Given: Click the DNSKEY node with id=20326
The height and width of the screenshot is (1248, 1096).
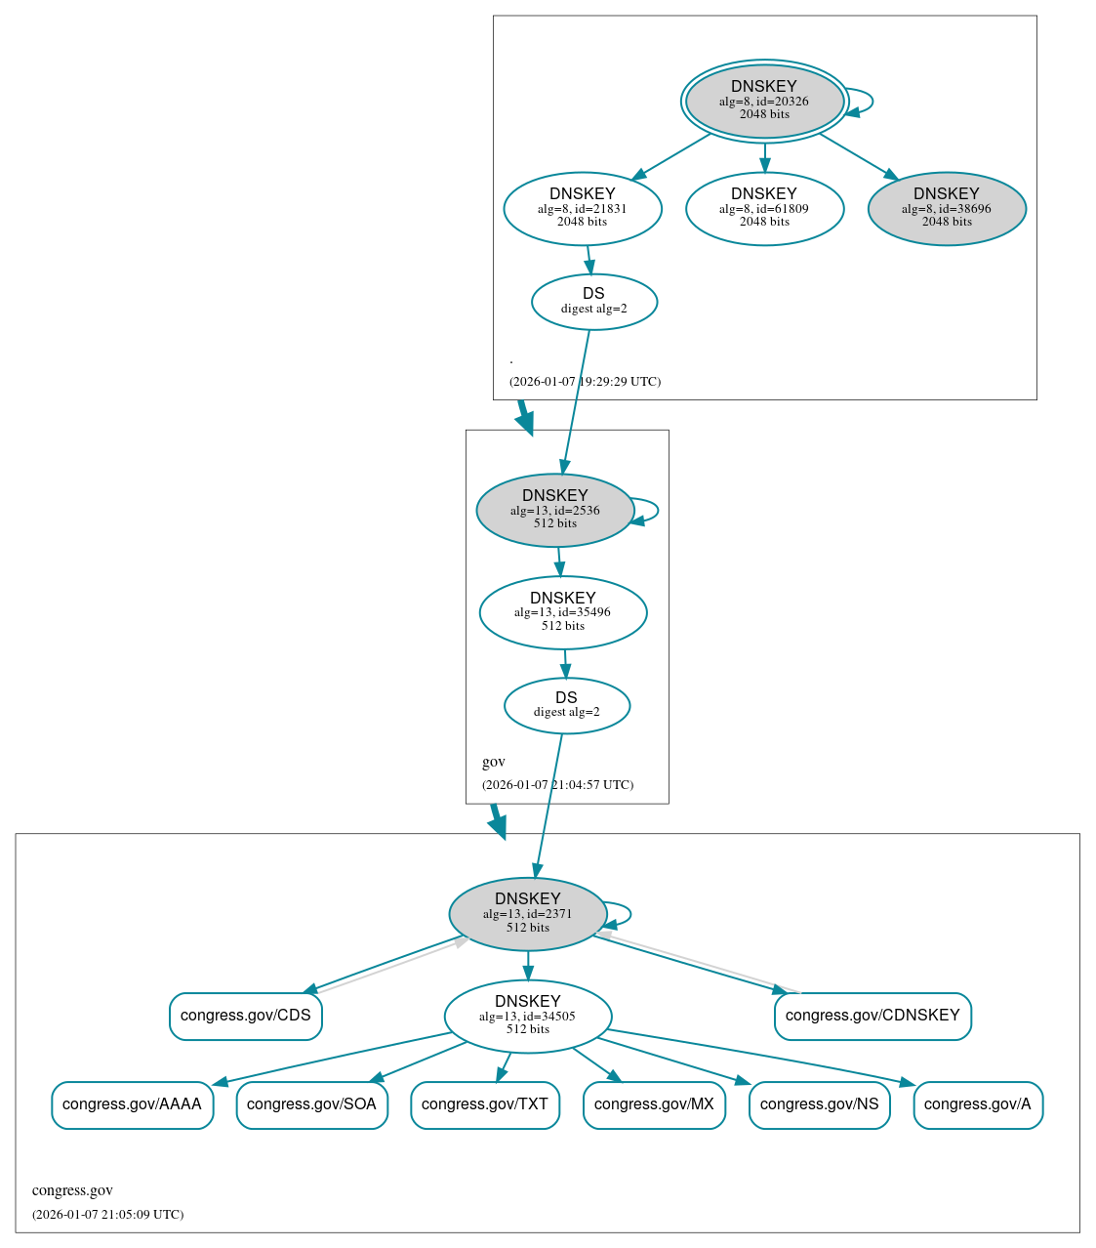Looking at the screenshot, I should pos(764,101).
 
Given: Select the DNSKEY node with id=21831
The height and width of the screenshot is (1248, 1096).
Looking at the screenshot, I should pos(583,208).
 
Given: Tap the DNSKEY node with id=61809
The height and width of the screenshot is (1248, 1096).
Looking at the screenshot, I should pos(764,208).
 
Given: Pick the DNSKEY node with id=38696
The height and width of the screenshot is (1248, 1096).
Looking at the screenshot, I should pos(947,208).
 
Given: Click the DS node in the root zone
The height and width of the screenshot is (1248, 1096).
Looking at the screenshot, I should pos(594,302).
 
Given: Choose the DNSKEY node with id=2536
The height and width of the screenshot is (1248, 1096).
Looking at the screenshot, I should pos(555,510).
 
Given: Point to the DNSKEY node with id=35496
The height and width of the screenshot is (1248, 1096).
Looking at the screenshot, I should pos(563,612).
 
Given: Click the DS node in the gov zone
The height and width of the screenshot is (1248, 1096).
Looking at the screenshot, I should pos(567,705).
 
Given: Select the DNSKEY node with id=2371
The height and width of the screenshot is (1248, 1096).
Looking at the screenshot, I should pos(528,914).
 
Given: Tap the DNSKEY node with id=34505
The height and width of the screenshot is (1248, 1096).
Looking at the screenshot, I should pos(528,1017).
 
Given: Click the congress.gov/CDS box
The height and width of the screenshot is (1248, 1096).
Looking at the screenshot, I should pos(246,1017).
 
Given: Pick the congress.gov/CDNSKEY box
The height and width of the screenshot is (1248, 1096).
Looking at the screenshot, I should pos(873,1017).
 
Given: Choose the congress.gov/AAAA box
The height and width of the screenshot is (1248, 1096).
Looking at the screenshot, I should pos(132,1105).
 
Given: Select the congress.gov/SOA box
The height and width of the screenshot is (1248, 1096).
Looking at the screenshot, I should pos(312,1105).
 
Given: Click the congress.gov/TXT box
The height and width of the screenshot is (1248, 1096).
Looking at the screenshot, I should pos(485,1105).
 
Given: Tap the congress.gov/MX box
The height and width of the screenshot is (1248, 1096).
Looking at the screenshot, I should pos(654,1105).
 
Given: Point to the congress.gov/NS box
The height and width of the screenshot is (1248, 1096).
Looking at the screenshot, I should pos(819,1105).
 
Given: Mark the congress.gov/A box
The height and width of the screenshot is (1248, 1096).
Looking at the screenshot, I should pos(978,1105).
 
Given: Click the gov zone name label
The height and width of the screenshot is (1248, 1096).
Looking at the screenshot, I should pos(494,762).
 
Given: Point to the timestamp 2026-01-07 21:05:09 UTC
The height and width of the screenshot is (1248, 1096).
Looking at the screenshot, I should pos(108,1215).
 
